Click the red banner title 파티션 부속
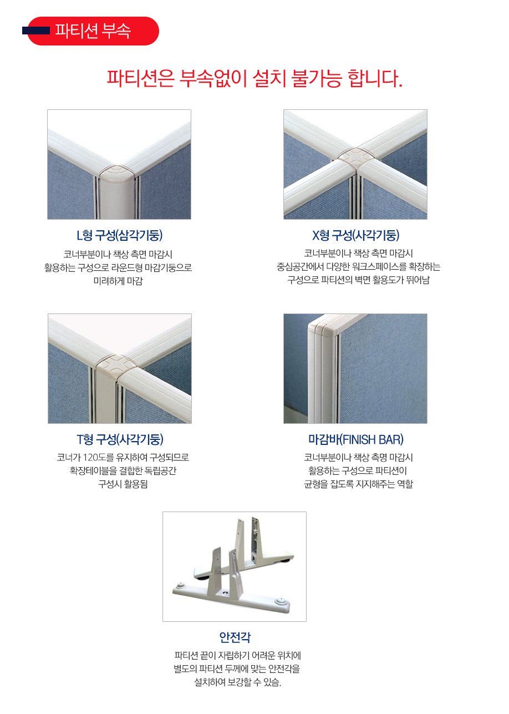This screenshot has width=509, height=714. pyautogui.click(x=93, y=31)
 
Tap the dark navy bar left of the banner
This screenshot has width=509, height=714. pyautogui.click(x=35, y=31)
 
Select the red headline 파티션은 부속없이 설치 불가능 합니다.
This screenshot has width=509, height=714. pyautogui.click(x=254, y=78)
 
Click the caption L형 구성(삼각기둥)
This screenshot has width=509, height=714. pyautogui.click(x=119, y=235)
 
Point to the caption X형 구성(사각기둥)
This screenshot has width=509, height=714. pyautogui.click(x=355, y=235)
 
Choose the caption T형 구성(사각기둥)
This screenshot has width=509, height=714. pyautogui.click(x=120, y=439)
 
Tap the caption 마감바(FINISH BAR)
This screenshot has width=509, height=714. pyautogui.click(x=355, y=439)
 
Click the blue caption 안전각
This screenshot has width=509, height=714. pyautogui.click(x=235, y=637)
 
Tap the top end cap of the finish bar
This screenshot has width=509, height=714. pyautogui.click(x=321, y=327)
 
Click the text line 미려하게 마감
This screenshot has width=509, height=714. pyautogui.click(x=118, y=281)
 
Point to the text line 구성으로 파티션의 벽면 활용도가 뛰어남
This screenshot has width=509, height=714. pyautogui.click(x=358, y=280)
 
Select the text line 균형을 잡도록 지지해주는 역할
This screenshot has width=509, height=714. pyautogui.click(x=358, y=484)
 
